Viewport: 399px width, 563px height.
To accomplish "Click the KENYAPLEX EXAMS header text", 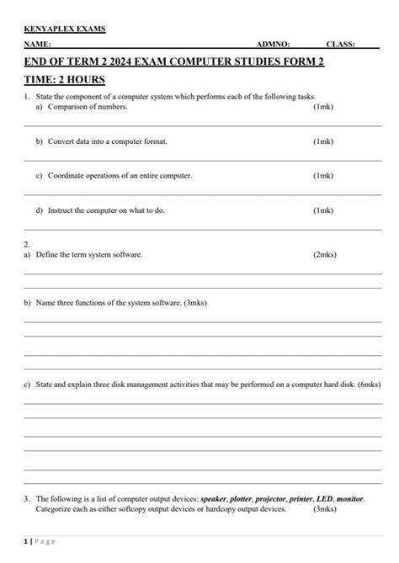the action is (64, 29).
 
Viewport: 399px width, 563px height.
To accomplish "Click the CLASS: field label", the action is (340, 44).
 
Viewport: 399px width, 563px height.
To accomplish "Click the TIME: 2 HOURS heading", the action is (64, 80).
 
